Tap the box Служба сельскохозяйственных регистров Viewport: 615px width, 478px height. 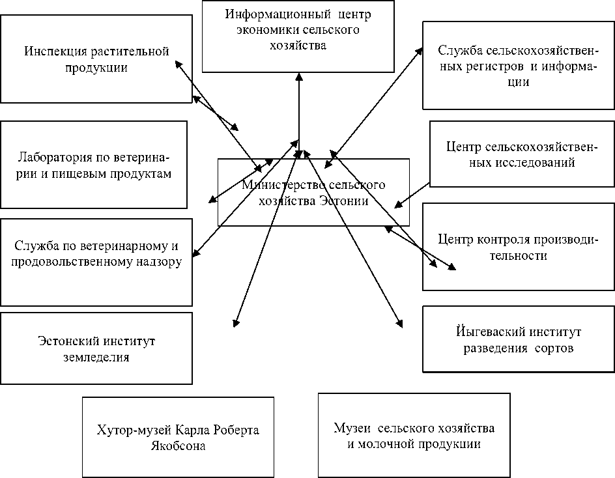519,66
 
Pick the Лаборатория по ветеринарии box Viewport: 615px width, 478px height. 94,165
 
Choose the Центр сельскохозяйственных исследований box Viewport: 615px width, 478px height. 522,154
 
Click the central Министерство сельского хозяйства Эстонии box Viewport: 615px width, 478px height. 313,193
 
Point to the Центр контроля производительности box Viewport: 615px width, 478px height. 518,247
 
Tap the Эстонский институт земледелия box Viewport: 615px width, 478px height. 96,348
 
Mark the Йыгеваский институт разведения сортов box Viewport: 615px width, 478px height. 518,339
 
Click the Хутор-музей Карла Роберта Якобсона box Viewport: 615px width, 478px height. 177,438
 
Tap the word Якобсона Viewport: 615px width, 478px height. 177,447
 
